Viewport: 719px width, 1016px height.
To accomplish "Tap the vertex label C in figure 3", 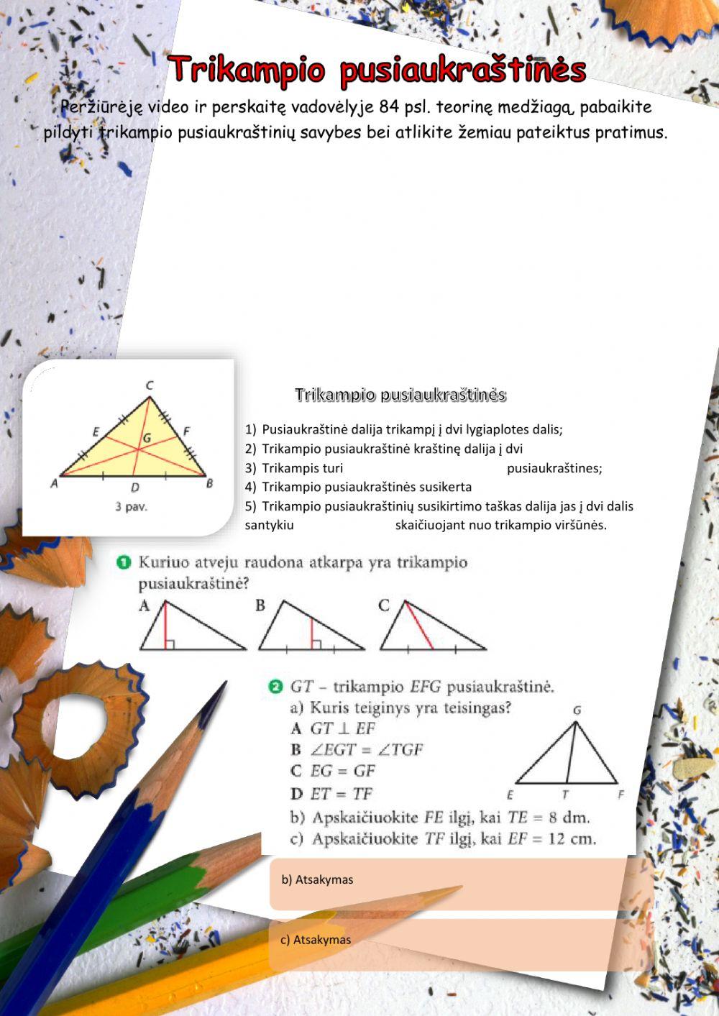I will [150, 385].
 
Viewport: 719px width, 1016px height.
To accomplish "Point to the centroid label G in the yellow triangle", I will [147, 436].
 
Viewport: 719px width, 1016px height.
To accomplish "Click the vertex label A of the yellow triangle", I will [54, 484].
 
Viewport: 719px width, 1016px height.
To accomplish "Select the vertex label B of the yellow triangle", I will [209, 483].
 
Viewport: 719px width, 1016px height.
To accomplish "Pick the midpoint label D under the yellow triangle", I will [134, 488].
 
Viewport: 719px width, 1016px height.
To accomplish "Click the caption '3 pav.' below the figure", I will [131, 507].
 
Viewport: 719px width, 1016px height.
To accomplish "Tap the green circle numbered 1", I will [124, 562].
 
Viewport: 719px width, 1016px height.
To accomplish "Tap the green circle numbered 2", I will [275, 687].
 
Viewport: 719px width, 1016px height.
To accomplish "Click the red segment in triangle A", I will [165, 626].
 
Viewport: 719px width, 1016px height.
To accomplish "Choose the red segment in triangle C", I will [418, 626].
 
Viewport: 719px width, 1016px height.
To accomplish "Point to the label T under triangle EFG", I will [565, 795].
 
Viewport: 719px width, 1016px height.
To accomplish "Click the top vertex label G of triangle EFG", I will [577, 710].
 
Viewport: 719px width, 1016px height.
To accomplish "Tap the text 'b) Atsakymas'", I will [317, 879].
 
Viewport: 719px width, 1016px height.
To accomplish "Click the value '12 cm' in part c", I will [571, 838].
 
